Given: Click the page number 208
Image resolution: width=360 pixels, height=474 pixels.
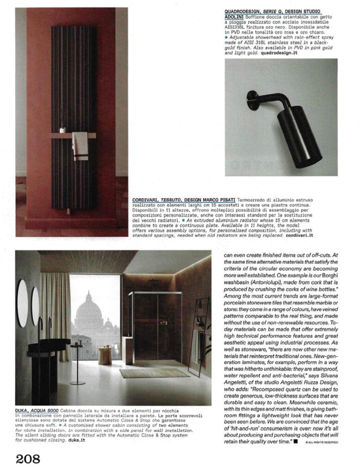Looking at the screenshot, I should coord(28,459).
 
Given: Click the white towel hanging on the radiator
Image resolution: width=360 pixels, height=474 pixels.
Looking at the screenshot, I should coord(80,145).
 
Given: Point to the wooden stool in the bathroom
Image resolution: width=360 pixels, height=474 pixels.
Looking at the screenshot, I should coord(105,355).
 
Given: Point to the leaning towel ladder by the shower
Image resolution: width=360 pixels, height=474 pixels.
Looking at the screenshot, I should coord(198,333).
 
